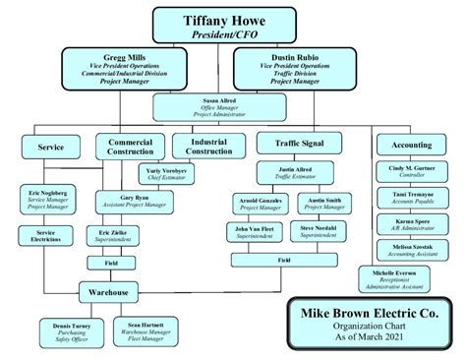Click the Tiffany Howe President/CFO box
tap(224, 26)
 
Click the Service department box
tap(50, 146)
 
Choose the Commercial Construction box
tap(130, 147)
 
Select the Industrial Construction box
tap(208, 146)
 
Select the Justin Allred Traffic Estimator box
tap(289, 173)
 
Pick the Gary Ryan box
tap(135, 202)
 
